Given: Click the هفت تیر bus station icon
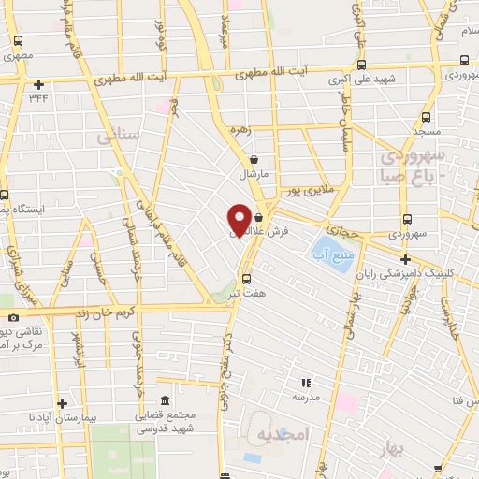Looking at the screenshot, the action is tap(246, 278).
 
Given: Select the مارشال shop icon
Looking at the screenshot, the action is tap(254, 159).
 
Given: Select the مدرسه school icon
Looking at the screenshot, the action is tap(305, 382).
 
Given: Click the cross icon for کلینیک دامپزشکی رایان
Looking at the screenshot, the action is tap(404, 259).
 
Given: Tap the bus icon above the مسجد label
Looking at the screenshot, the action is tap(426, 118).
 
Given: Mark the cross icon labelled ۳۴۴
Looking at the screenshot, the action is tap(37, 84).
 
